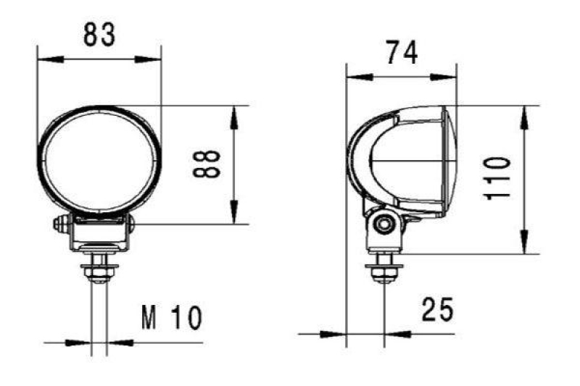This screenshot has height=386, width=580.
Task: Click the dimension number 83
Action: [x=99, y=35]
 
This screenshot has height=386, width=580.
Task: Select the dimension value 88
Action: [x=207, y=165]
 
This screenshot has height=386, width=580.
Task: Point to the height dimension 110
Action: [x=499, y=179]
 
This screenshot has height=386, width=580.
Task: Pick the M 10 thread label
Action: [x=172, y=317]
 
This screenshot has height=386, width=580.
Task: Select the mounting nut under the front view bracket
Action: [x=99, y=272]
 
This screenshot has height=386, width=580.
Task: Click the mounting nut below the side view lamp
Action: [x=384, y=272]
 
